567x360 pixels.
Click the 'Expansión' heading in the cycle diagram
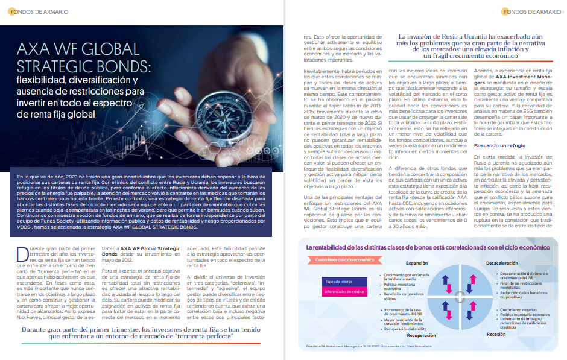tap(416, 263)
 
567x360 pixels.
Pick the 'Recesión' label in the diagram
tap(496, 334)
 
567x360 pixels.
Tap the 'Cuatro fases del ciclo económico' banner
tap(343, 260)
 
